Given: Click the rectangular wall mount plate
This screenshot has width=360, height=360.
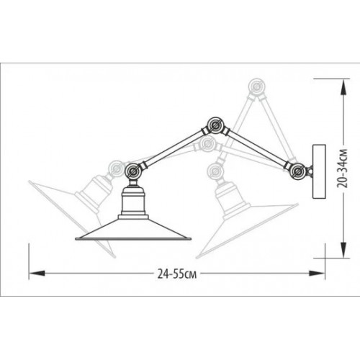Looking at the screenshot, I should [317, 171].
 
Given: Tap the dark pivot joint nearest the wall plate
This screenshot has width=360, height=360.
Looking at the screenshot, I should [295, 170].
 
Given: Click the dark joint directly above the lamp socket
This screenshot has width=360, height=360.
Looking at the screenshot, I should [133, 171].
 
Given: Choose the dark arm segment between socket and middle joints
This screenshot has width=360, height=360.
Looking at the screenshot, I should [173, 150].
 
